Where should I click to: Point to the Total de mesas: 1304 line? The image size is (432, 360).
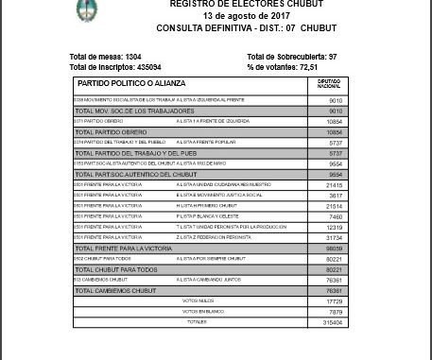[106, 58]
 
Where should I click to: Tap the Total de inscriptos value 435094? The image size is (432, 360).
[143, 66]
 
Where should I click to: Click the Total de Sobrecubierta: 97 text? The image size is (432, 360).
[292, 58]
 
